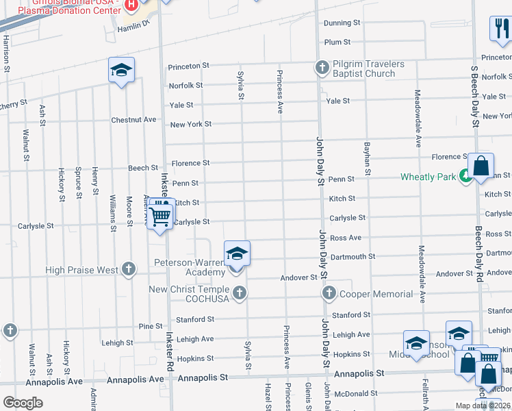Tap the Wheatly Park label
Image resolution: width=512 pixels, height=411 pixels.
428,177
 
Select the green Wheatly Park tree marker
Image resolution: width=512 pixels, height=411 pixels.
465,176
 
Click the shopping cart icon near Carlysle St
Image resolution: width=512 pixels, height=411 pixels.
160,216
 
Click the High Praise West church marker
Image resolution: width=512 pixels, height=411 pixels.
128,270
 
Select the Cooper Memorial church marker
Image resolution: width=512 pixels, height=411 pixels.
329,294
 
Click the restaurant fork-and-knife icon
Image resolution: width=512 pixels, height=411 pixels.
500,28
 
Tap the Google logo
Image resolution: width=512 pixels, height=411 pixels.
23,403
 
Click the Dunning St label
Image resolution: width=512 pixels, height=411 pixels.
342,23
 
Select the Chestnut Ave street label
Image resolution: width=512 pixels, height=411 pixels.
133,120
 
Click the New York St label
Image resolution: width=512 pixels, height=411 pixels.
190,125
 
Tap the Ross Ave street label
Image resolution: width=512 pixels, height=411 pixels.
346,238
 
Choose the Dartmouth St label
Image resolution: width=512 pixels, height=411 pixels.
353,257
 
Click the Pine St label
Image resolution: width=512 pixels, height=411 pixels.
152,327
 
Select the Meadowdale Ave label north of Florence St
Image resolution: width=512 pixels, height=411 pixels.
418,118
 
